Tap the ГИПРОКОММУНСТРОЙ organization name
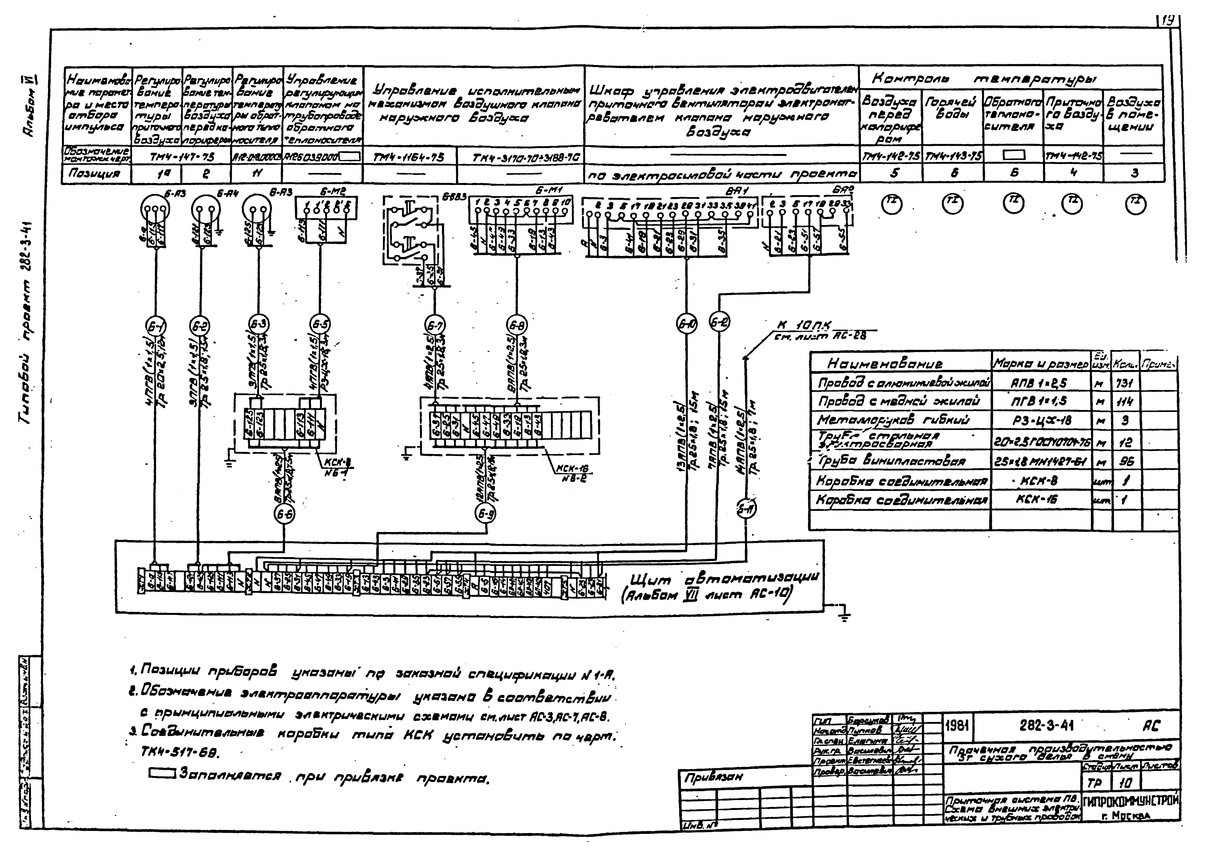pyautogui.click(x=1130, y=803)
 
